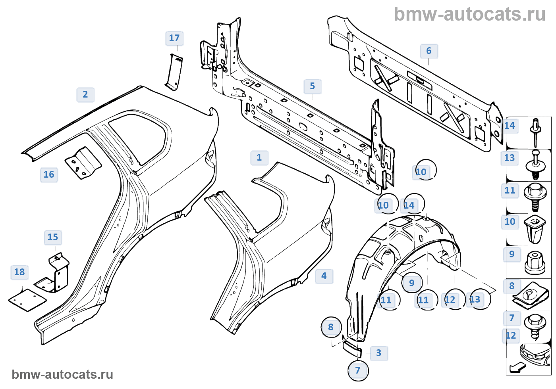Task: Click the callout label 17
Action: point(174,38)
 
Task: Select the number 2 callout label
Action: point(85,95)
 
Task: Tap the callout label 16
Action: point(49,175)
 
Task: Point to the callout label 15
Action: point(53,238)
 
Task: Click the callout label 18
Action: point(19,272)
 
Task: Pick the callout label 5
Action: point(313,86)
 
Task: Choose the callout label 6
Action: point(429,51)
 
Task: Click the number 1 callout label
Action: point(259,158)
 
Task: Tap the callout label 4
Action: point(324,276)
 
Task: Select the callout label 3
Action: point(378,353)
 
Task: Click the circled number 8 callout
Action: point(331,328)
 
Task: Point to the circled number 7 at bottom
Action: point(358,371)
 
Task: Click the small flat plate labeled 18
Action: point(27,300)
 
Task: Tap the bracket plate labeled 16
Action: point(83,163)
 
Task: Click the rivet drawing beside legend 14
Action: point(536,131)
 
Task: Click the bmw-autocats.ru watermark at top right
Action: point(469,15)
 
